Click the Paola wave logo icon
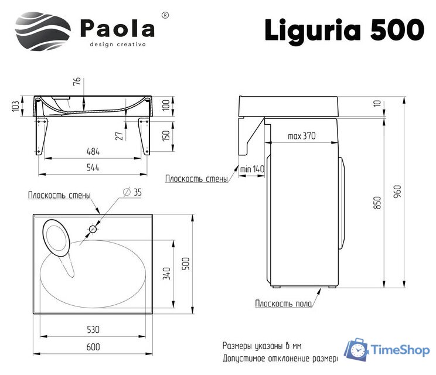point(42,32)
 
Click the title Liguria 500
point(343,29)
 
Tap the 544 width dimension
point(93,168)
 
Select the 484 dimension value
point(93,151)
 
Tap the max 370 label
point(302,137)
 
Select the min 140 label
point(253,169)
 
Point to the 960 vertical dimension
point(397,191)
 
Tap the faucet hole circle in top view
point(93,229)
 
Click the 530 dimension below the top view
point(93,329)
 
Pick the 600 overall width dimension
point(93,347)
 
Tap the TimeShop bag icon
point(356,350)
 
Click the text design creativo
point(117,45)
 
